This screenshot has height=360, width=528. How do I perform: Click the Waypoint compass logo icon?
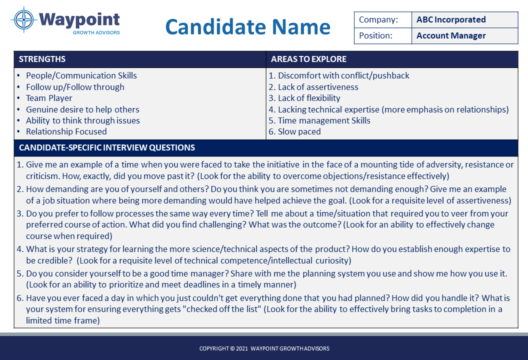(x=23, y=20)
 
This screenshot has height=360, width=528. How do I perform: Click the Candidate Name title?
(x=247, y=26)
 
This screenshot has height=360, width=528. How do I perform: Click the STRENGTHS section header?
(x=42, y=59)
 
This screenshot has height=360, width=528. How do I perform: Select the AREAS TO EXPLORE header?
(x=308, y=59)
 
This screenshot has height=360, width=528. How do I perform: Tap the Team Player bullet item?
(x=49, y=98)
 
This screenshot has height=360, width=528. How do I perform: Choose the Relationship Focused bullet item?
(x=66, y=132)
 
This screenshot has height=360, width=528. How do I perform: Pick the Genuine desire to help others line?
(x=82, y=109)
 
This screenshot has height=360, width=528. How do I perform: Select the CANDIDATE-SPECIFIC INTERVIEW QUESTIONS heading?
(x=107, y=148)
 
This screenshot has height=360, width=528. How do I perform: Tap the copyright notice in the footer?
(x=264, y=348)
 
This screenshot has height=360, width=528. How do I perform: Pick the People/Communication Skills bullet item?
(x=81, y=76)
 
